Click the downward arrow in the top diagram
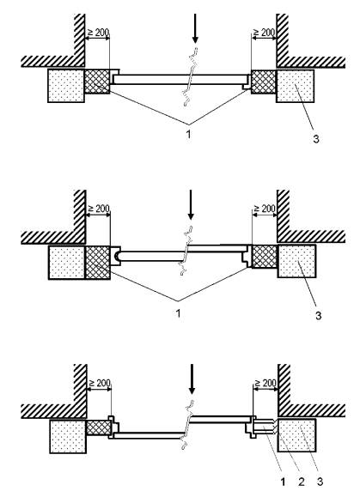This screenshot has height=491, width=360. pos(195,28)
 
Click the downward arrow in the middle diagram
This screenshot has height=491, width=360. pos(191,204)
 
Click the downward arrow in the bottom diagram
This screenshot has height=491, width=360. pos(192,379)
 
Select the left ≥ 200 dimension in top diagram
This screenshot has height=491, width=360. pos(98,33)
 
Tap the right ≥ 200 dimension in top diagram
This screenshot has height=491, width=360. pos(264,33)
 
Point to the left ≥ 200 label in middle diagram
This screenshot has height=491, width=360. pos(99,209)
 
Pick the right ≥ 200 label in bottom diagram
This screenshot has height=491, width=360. pos(265,383)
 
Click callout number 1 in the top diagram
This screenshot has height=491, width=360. pos(188,134)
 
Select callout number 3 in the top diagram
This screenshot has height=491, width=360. pos(316,139)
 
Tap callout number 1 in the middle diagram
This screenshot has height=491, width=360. pos(179,312)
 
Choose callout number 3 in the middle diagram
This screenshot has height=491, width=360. pos(318,315)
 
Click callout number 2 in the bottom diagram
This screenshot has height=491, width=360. pos(301,482)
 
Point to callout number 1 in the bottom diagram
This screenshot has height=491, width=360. pos(283,482)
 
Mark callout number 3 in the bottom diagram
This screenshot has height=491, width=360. pos(320,482)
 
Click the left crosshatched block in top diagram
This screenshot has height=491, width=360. pos(97,82)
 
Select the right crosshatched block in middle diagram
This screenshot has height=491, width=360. pos(265,257)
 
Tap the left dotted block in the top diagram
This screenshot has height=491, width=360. pos(66,86)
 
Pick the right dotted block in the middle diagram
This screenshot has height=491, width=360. pos(296,261)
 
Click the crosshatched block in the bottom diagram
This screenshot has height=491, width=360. pos(99,427)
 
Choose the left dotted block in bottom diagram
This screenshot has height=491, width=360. pos(68,437)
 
